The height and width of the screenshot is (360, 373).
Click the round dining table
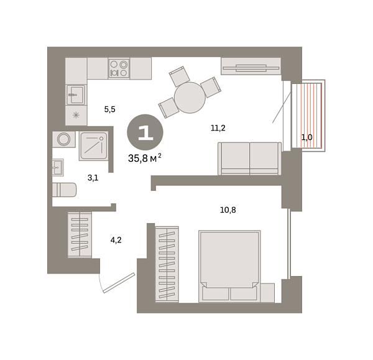click(x=190, y=98)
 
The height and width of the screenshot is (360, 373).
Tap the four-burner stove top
click(x=119, y=68)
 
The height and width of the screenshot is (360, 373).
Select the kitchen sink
click(x=76, y=95)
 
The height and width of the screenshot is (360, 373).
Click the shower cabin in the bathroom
click(x=94, y=145)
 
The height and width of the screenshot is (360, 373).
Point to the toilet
click(x=64, y=190)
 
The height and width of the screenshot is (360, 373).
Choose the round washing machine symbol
click(x=64, y=139)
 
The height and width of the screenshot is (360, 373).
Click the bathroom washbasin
click(x=58, y=167)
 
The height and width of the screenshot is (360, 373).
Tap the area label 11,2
click(x=218, y=128)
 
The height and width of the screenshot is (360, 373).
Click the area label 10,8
click(x=228, y=210)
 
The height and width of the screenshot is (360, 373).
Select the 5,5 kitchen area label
click(x=109, y=109)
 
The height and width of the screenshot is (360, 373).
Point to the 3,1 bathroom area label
click(x=93, y=177)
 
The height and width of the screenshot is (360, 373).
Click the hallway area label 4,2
click(x=116, y=240)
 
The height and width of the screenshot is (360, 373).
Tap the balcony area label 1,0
click(x=307, y=137)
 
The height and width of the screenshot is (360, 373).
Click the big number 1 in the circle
click(x=145, y=132)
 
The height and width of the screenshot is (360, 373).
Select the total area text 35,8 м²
click(x=145, y=158)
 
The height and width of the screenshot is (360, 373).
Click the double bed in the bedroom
click(x=229, y=266)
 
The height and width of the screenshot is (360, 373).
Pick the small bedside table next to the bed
click(x=267, y=293)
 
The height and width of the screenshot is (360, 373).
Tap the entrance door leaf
click(x=119, y=283)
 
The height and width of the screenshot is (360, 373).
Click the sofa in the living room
click(x=250, y=159)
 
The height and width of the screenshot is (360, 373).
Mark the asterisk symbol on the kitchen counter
click(x=76, y=116)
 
